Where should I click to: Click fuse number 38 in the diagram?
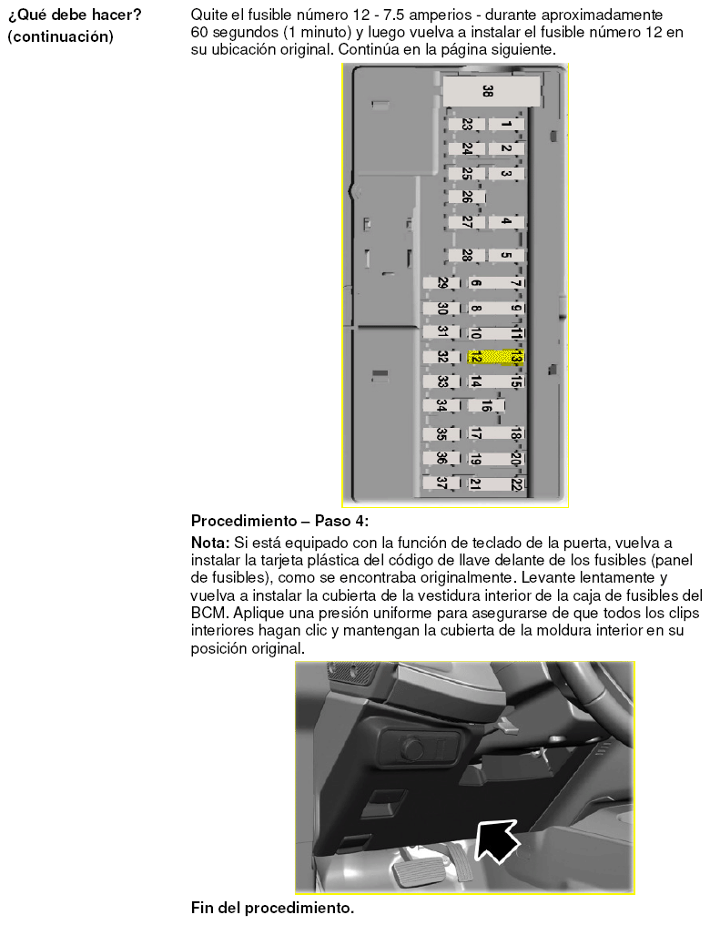click(492, 91)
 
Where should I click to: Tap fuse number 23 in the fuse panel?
click(466, 125)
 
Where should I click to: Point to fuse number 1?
click(506, 125)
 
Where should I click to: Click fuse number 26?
click(466, 197)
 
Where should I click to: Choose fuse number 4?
click(506, 222)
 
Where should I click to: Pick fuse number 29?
click(441, 283)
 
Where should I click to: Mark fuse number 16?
click(486, 406)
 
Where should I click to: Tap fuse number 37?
click(441, 483)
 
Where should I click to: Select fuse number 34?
click(441, 406)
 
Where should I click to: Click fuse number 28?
click(466, 256)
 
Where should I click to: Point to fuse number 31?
click(441, 332)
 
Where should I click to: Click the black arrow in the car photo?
click(496, 841)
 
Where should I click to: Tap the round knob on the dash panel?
click(412, 748)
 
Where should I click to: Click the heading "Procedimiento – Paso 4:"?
click(279, 521)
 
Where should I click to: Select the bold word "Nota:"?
click(210, 543)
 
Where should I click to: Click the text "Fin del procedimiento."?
click(272, 908)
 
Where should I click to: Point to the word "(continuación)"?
click(60, 36)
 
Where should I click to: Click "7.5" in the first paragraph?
click(394, 15)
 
